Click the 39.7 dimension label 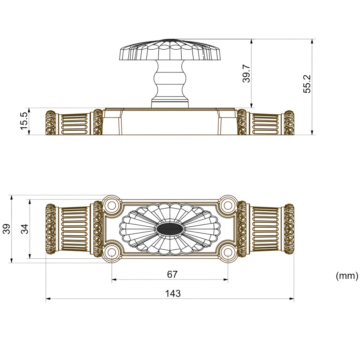[246, 73]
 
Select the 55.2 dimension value [307, 84]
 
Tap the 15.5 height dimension [24, 121]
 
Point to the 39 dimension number [7, 229]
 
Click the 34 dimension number [24, 229]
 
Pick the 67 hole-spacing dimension [172, 274]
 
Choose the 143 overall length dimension [173, 294]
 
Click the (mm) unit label [347, 276]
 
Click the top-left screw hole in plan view [112, 206]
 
